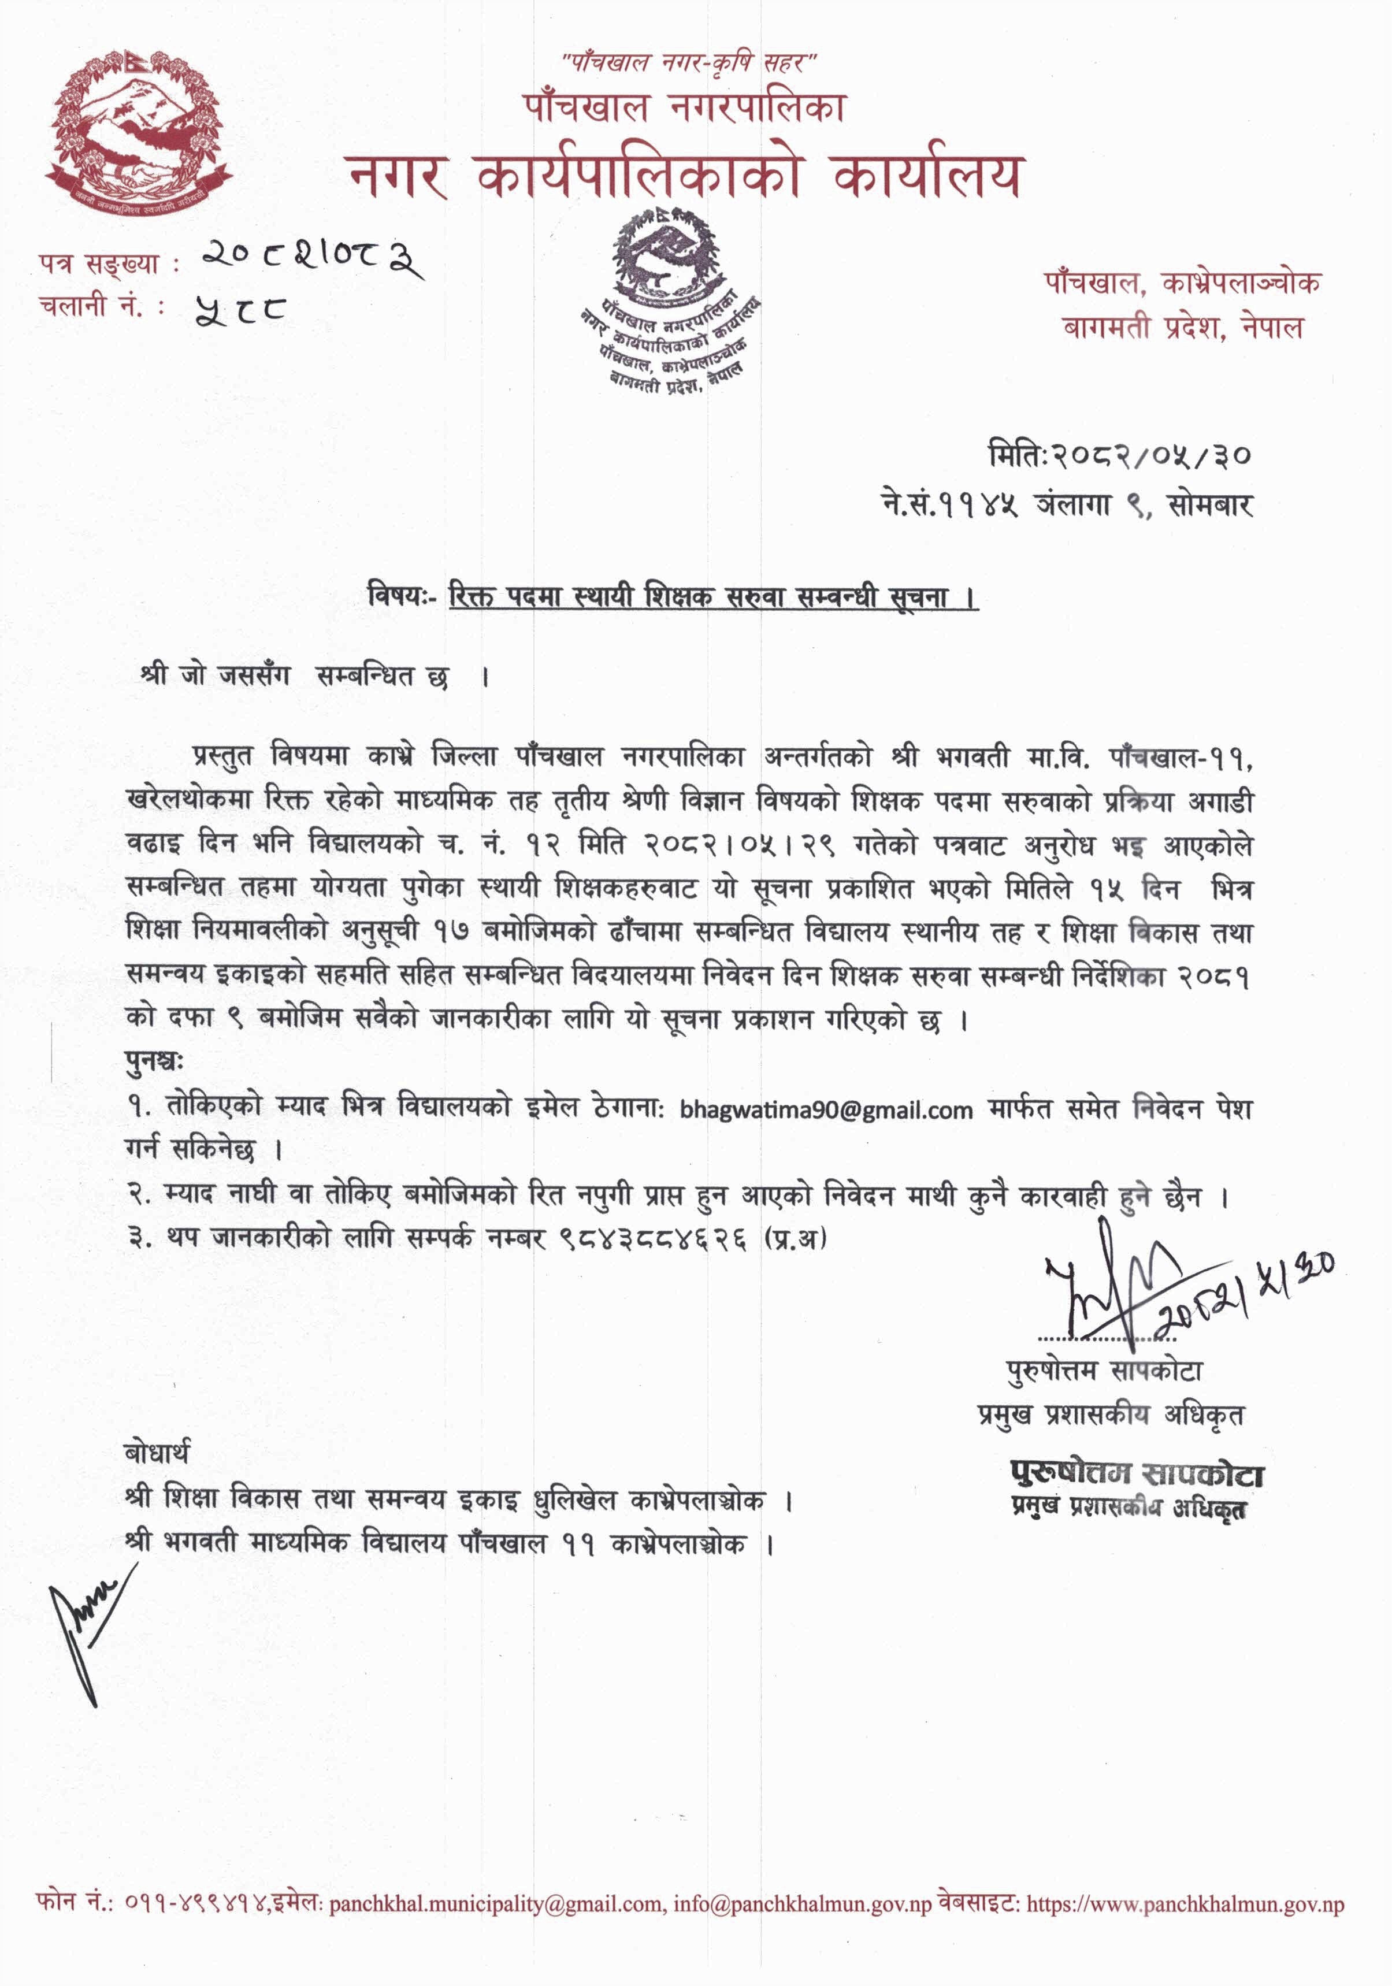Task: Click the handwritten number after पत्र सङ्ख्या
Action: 311,257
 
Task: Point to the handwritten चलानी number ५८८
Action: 240,306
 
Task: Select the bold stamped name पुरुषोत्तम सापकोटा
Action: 1137,1473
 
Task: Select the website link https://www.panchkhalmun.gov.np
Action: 1185,1904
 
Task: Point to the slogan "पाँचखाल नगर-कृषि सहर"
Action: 689,62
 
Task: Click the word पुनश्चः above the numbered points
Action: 154,1061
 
